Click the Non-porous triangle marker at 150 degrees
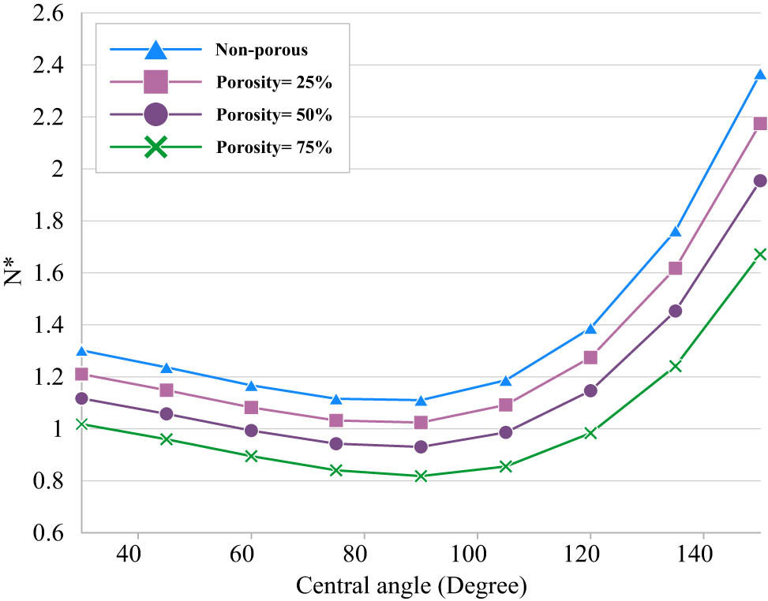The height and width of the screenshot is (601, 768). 760,75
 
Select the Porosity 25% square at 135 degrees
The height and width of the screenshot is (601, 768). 675,268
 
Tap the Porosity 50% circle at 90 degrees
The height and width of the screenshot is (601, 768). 421,446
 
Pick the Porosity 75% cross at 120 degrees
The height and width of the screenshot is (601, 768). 590,433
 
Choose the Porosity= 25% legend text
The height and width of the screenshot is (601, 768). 273,82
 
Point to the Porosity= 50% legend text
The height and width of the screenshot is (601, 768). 273,114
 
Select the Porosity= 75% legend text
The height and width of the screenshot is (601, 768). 273,147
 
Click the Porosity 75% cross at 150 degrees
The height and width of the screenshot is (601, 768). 760,254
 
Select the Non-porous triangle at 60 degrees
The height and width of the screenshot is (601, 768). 251,386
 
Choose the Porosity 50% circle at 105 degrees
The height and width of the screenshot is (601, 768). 505,432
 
